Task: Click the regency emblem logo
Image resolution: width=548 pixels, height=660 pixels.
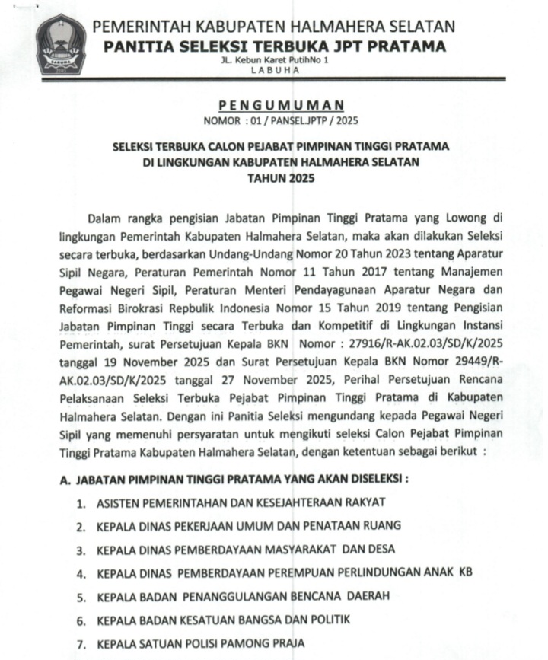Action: pos(61,43)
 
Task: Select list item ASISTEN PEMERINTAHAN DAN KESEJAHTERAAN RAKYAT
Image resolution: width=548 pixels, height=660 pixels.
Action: pos(241,502)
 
